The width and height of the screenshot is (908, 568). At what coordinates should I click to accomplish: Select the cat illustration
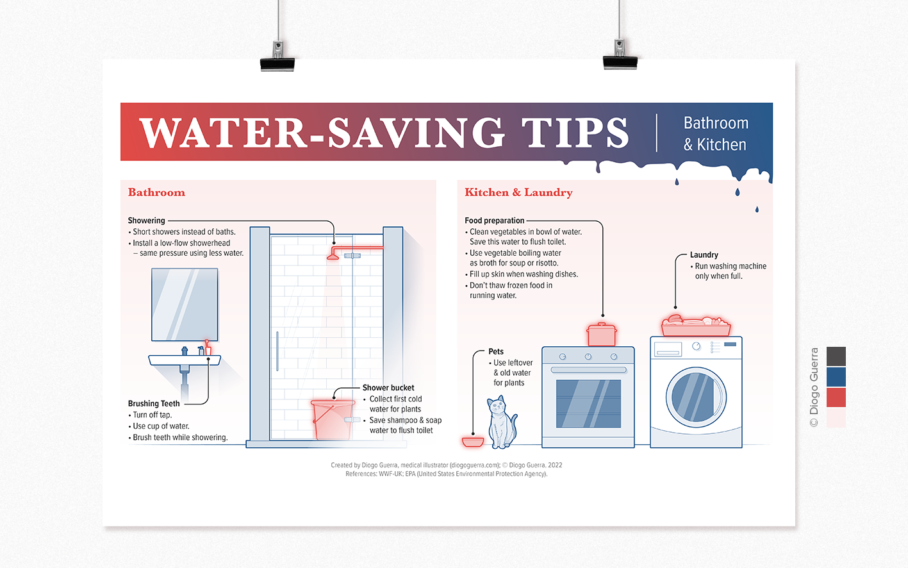tap(502, 422)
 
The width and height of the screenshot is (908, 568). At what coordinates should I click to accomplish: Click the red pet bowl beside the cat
tap(473, 442)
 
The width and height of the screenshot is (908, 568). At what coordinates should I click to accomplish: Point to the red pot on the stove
tap(602, 335)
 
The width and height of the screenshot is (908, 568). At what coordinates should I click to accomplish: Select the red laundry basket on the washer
tap(696, 327)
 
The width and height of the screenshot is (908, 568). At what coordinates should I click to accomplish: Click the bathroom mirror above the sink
tap(185, 305)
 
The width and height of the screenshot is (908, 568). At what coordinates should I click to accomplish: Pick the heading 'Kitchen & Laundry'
tap(518, 192)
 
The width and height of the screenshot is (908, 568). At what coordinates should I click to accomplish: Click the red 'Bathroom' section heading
tap(156, 192)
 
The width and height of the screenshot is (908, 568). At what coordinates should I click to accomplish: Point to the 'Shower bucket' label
tap(388, 388)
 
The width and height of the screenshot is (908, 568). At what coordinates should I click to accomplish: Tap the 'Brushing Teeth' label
tap(154, 404)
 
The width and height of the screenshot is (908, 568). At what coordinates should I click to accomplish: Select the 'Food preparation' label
tap(495, 221)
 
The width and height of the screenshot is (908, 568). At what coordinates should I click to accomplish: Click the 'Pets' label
tap(496, 351)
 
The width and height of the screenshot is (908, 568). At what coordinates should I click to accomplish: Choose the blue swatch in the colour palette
tap(836, 377)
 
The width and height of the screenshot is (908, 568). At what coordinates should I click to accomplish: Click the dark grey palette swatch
tap(836, 356)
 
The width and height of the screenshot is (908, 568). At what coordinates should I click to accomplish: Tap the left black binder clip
tap(277, 61)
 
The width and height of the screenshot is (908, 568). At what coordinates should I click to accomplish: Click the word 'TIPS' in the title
tap(575, 133)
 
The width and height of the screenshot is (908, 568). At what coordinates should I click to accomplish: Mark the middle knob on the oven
tap(588, 356)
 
